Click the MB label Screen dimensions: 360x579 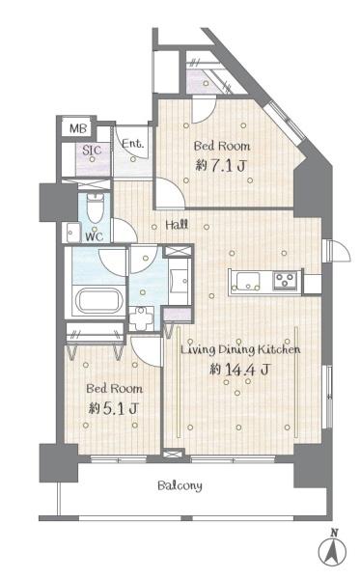pyautogui.click(x=78, y=128)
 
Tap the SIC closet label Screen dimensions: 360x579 pyautogui.click(x=92, y=150)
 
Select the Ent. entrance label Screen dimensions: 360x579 pyautogui.click(x=132, y=143)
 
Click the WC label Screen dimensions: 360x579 pyautogui.click(x=94, y=236)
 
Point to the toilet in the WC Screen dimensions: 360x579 pyautogui.click(x=95, y=207)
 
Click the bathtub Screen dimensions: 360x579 pyautogui.click(x=99, y=300)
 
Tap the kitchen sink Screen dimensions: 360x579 pyautogui.click(x=247, y=281)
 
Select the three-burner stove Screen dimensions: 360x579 pyautogui.click(x=285, y=281)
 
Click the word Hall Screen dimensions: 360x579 pyautogui.click(x=177, y=225)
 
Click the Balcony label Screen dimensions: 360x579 pyautogui.click(x=180, y=485)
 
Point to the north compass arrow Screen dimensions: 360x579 pyautogui.click(x=333, y=550)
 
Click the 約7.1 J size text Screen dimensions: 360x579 pyautogui.click(x=220, y=165)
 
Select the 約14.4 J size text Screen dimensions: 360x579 pyautogui.click(x=239, y=369)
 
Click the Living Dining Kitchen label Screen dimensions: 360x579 pyautogui.click(x=240, y=349)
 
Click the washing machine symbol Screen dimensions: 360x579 pyautogui.click(x=141, y=317)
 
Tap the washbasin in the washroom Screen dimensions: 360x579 pyautogui.click(x=180, y=281)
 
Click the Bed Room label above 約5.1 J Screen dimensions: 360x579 pyautogui.click(x=115, y=389)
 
